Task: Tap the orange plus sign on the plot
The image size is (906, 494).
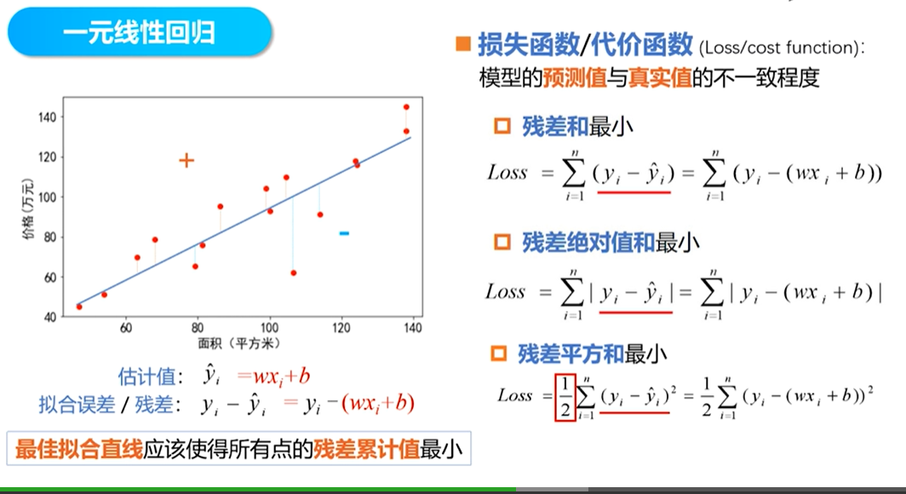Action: pyautogui.click(x=186, y=160)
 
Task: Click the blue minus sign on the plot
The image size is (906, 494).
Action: pyautogui.click(x=344, y=233)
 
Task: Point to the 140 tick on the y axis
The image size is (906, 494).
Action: pyautogui.click(x=47, y=116)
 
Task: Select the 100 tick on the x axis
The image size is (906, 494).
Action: pyautogui.click(x=270, y=328)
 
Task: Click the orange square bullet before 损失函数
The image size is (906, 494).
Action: pyautogui.click(x=463, y=44)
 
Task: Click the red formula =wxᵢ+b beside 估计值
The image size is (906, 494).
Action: pyautogui.click(x=273, y=376)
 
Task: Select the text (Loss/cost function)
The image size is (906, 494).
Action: pyautogui.click(x=780, y=48)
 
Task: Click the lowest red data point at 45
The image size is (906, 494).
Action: pyautogui.click(x=79, y=307)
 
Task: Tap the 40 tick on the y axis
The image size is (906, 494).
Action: pyautogui.click(x=49, y=317)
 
